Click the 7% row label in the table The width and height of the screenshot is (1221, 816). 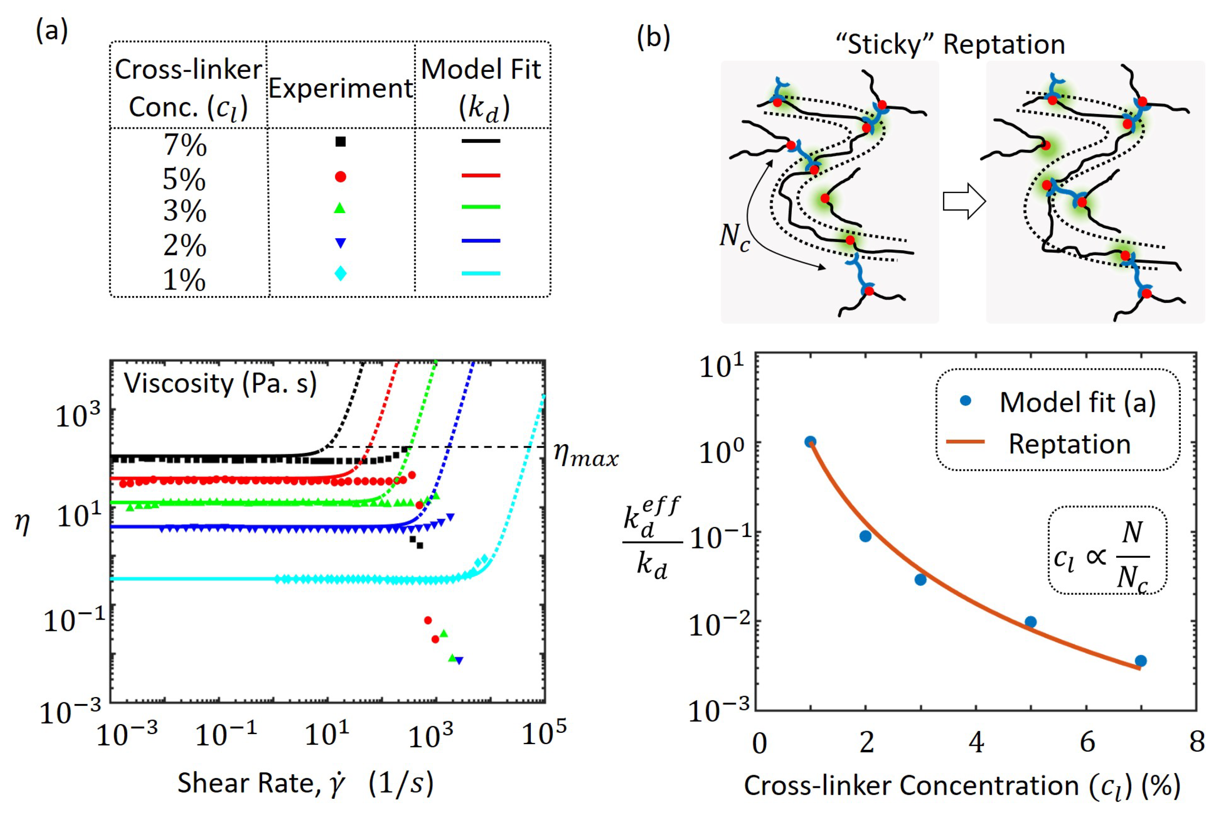[x=185, y=145]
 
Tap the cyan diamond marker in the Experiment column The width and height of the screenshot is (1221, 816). [x=340, y=273]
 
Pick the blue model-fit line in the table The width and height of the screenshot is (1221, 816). [x=481, y=241]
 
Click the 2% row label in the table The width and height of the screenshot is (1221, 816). [x=185, y=245]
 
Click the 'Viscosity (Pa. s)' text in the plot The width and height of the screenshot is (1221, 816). [x=220, y=384]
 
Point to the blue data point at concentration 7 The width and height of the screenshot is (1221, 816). [x=1140, y=661]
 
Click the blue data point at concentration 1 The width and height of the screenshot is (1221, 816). [x=810, y=442]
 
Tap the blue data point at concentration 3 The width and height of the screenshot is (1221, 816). [x=920, y=579]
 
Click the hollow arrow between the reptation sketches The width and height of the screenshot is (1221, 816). [x=964, y=201]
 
